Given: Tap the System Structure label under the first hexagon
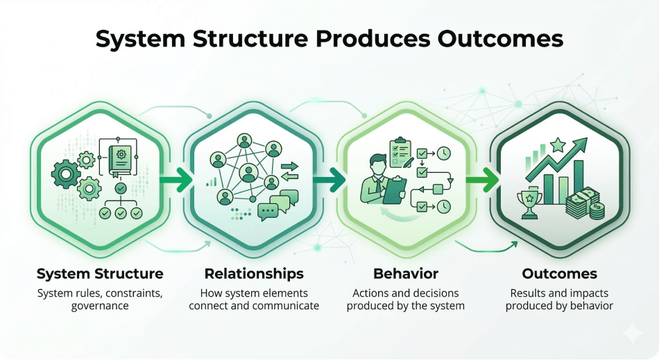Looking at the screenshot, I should (x=100, y=273).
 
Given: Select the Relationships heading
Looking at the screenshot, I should (x=254, y=273).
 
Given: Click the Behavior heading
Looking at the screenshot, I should (x=406, y=273).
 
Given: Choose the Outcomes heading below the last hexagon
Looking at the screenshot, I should (x=559, y=273).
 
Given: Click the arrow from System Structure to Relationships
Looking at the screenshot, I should (x=176, y=181).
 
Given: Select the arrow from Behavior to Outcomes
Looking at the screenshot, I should (x=482, y=181).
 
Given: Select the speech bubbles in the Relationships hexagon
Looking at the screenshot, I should (x=273, y=206).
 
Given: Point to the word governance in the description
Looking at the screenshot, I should (x=100, y=306).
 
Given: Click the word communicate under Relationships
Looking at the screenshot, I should (x=285, y=306).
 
